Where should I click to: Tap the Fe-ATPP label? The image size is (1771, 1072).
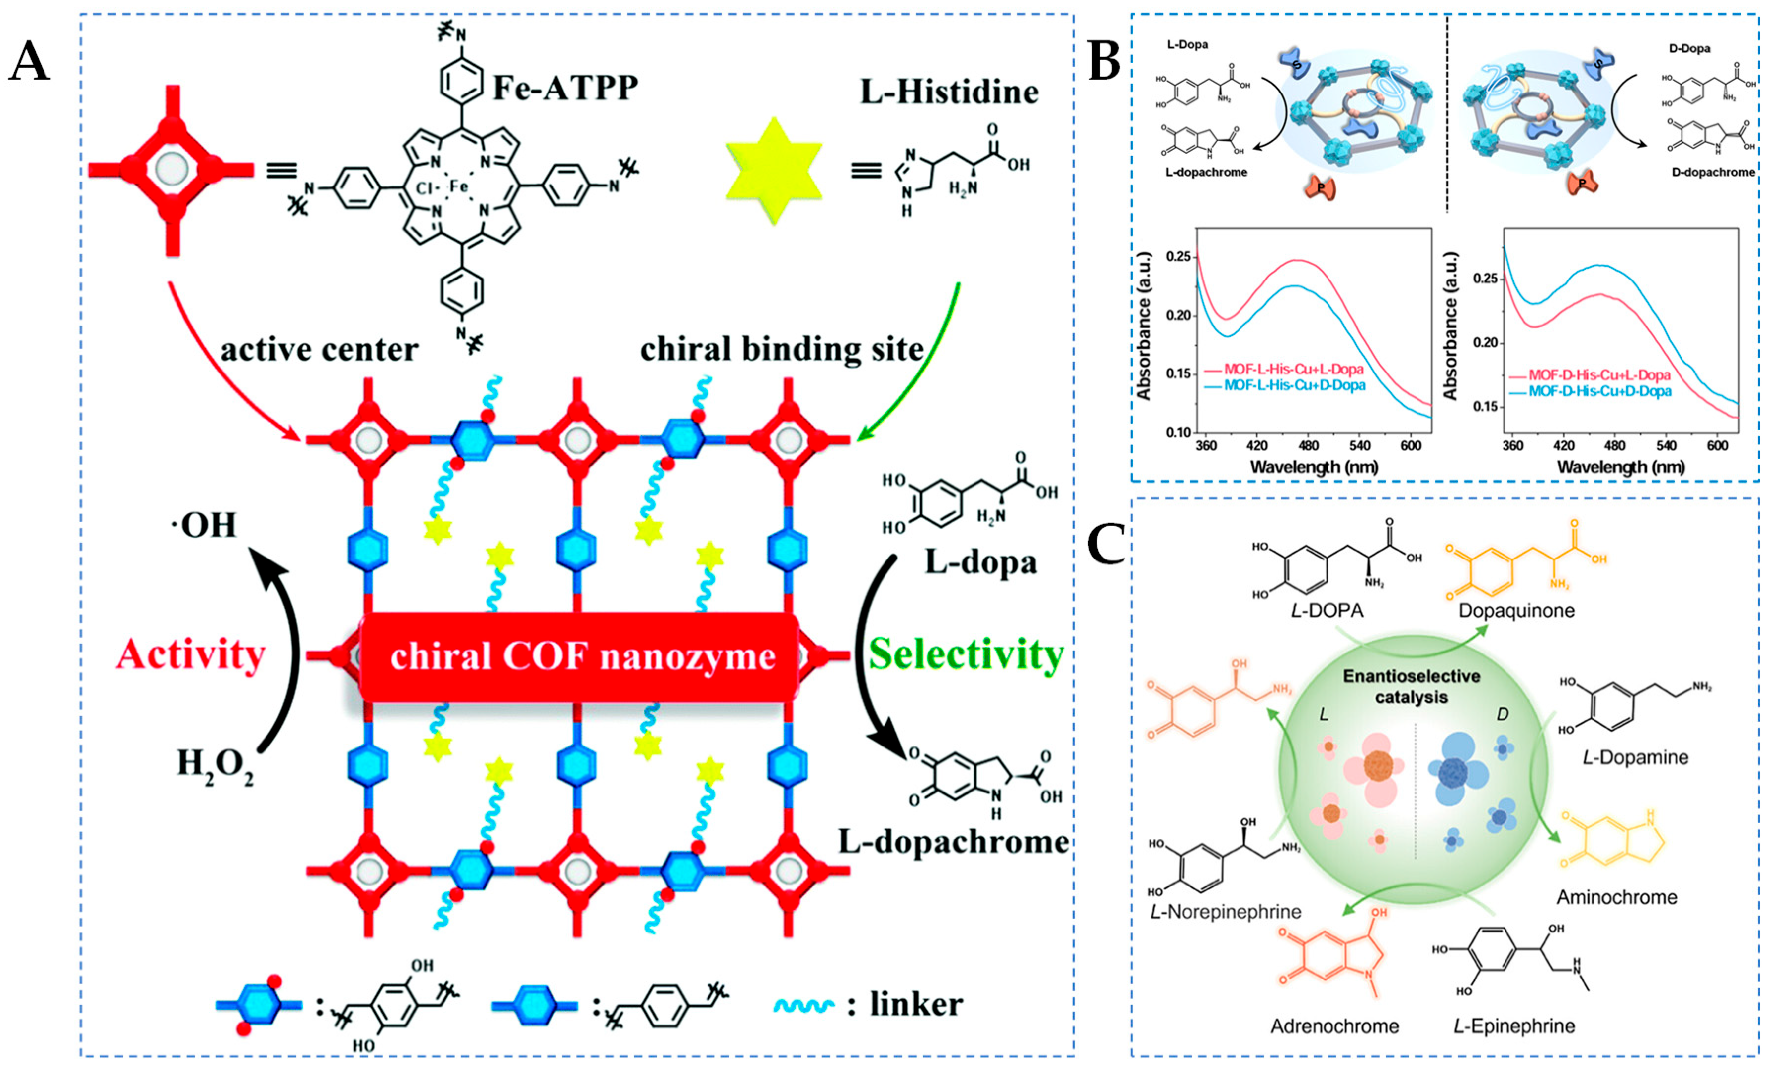pos(565,88)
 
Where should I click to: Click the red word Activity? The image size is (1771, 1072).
pos(190,655)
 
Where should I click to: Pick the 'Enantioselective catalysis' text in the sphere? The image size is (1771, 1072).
pos(1411,687)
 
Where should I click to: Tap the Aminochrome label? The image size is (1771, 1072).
pos(1616,897)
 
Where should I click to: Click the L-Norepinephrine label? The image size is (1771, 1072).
pos(1226,912)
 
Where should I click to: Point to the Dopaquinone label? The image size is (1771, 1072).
pos(1516,611)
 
